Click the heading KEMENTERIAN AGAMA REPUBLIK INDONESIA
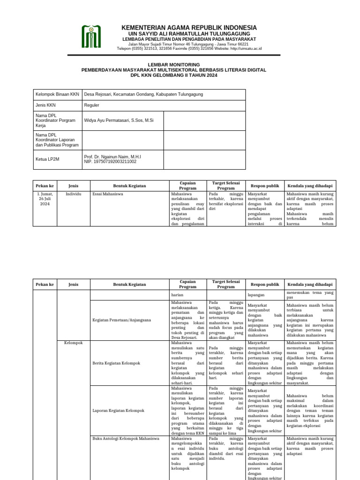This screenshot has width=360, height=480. click(189, 28)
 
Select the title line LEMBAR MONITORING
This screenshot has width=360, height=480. click(174, 64)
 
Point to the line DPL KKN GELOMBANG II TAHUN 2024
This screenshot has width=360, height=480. click(174, 75)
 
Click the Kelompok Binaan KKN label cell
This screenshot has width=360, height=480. click(57, 94)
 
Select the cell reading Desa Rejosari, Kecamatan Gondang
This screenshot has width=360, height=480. click(143, 94)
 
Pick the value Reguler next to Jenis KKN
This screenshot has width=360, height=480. click(91, 105)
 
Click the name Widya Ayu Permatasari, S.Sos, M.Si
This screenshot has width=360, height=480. click(119, 120)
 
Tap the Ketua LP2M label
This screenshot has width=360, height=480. click(47, 159)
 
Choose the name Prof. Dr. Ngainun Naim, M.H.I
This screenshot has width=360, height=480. click(112, 157)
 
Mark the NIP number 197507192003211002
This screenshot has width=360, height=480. click(110, 162)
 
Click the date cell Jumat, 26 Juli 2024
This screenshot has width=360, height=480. click(45, 199)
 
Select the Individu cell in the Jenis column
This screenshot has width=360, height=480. click(73, 193)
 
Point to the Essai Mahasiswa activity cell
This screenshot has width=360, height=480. click(108, 193)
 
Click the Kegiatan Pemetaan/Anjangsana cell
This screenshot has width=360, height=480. click(122, 320)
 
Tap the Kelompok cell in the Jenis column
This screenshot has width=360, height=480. click(73, 343)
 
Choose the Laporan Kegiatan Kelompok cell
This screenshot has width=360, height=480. click(118, 411)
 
